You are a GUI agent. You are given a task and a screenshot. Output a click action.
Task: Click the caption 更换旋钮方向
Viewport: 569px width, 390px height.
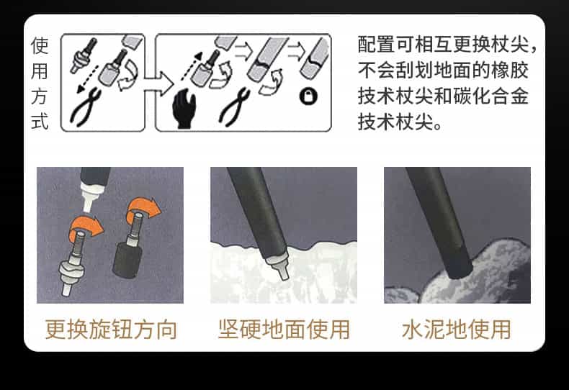click(x=111, y=330)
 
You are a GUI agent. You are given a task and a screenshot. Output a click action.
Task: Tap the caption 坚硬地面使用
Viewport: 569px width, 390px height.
click(x=284, y=330)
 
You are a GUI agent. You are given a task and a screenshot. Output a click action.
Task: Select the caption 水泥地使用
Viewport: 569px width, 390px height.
click(x=457, y=330)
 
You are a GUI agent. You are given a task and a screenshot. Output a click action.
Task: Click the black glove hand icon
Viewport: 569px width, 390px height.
click(x=184, y=109)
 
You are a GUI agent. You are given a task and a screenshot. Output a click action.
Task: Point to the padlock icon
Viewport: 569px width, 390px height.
click(x=308, y=96)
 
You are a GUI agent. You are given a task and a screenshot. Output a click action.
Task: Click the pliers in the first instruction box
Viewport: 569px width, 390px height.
click(x=86, y=107)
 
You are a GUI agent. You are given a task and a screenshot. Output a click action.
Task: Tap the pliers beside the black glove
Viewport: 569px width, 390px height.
click(x=234, y=107)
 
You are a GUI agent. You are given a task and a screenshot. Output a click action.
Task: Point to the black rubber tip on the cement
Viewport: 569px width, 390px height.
click(x=458, y=267)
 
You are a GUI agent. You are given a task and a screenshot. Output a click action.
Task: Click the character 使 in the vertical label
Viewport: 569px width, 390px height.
click(x=40, y=45)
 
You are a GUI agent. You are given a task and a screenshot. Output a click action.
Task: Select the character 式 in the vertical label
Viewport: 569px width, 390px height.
click(x=40, y=122)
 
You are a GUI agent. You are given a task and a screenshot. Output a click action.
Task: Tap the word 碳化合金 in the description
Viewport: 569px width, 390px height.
click(x=490, y=96)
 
